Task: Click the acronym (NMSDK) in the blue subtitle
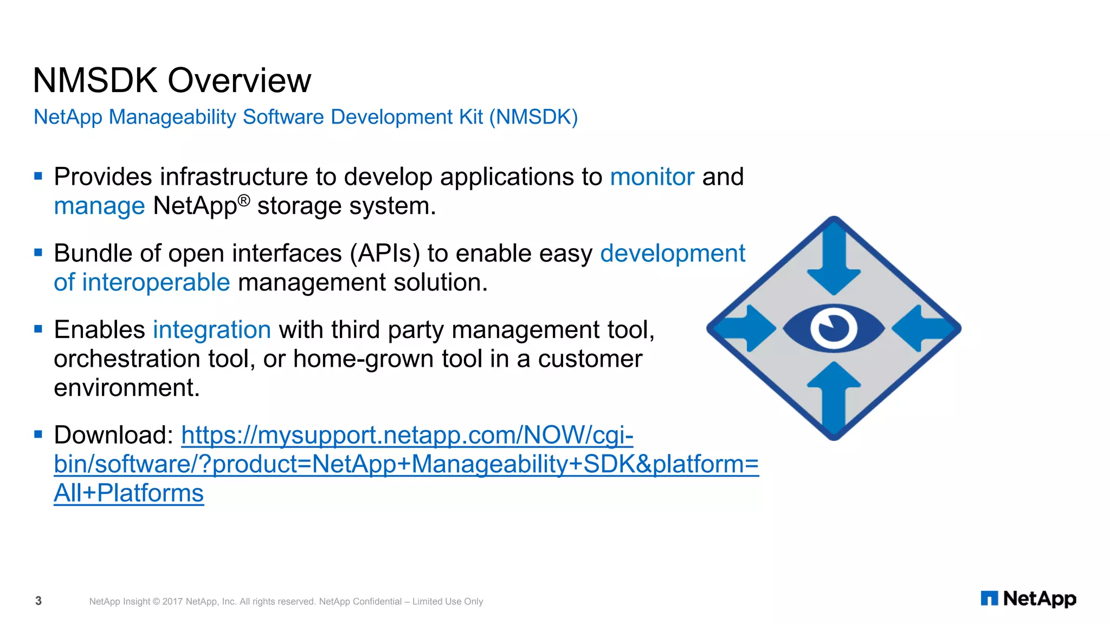click(533, 117)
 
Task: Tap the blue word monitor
click(651, 177)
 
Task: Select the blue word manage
click(99, 206)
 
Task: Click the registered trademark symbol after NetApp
click(244, 200)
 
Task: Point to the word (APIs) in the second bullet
click(384, 253)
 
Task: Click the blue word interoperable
click(156, 283)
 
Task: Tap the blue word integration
click(211, 330)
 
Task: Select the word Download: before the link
click(113, 435)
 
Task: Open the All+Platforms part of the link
click(129, 493)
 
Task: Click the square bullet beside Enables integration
click(38, 329)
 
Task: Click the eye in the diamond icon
click(834, 329)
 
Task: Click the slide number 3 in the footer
click(38, 601)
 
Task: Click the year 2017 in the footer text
click(172, 602)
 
